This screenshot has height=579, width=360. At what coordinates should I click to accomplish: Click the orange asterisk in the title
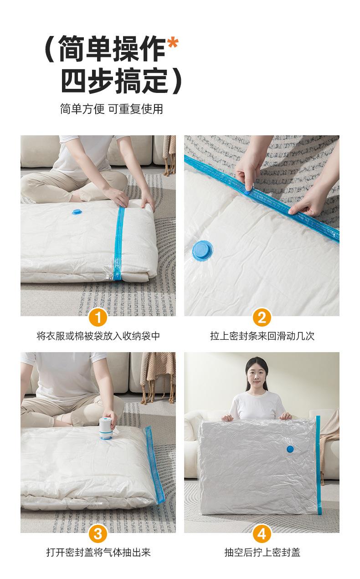(172, 45)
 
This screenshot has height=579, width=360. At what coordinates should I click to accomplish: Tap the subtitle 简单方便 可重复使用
(112, 109)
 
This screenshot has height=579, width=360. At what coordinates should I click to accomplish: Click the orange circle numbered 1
(98, 317)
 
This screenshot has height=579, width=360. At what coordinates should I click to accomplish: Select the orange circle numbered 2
(262, 317)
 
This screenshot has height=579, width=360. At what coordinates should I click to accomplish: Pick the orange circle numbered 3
(98, 533)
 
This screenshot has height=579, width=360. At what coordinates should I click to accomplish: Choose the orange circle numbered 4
(262, 533)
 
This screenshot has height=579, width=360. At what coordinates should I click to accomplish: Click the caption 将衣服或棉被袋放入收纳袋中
(98, 336)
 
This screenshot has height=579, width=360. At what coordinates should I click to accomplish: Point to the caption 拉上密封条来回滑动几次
(262, 336)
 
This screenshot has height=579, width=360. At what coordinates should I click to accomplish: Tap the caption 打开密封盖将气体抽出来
(98, 553)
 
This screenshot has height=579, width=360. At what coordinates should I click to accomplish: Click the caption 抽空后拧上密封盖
(262, 553)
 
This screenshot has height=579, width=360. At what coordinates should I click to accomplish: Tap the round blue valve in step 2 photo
(202, 251)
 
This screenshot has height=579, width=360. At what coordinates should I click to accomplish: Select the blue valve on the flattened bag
(290, 450)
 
